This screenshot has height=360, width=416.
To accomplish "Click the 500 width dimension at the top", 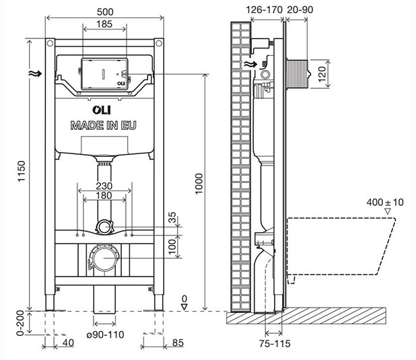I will click(x=103, y=11).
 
